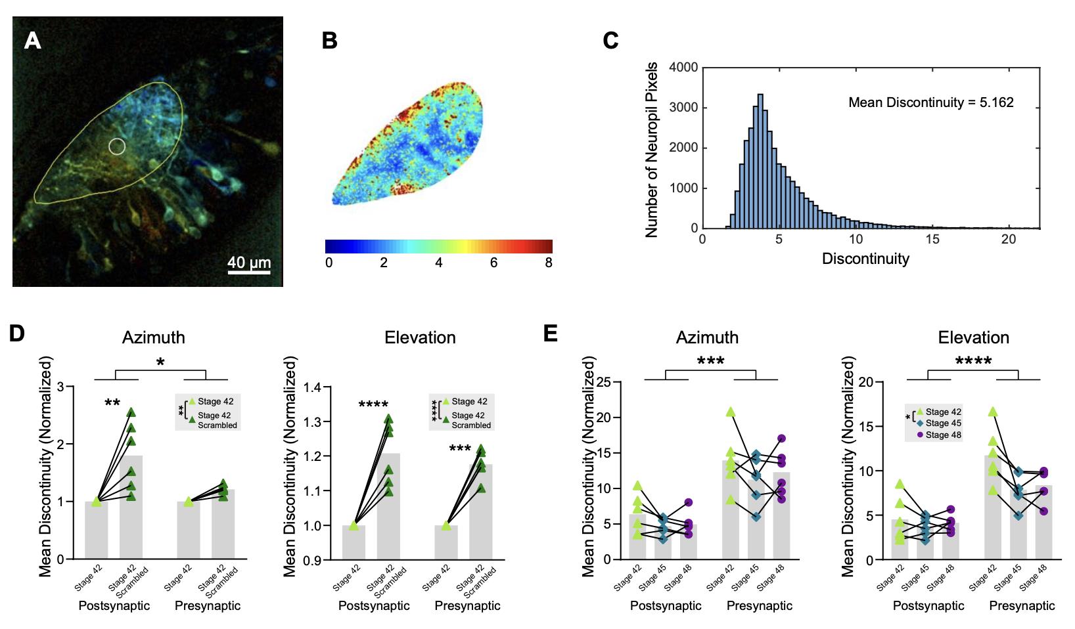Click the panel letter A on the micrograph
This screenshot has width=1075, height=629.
(32, 41)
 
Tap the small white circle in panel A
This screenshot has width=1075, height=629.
(117, 146)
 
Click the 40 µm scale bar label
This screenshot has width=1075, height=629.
(249, 263)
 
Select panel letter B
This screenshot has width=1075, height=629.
(329, 41)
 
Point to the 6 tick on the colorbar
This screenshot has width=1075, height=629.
(493, 263)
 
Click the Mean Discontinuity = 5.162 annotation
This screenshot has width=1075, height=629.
(930, 102)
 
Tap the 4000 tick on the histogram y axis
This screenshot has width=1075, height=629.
(683, 68)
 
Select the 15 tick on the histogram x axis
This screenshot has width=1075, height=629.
(932, 240)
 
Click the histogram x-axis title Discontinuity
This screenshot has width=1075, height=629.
(865, 259)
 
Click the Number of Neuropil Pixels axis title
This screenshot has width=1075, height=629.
(652, 150)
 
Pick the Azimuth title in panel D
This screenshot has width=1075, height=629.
(154, 337)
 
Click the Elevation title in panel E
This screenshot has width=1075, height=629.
(973, 337)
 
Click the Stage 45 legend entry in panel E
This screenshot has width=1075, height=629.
(943, 423)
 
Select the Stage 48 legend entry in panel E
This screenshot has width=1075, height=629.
(943, 435)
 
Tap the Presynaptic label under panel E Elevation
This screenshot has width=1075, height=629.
(1022, 606)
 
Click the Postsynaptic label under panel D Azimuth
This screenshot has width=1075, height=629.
(114, 606)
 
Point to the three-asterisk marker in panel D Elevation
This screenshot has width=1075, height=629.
(460, 449)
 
